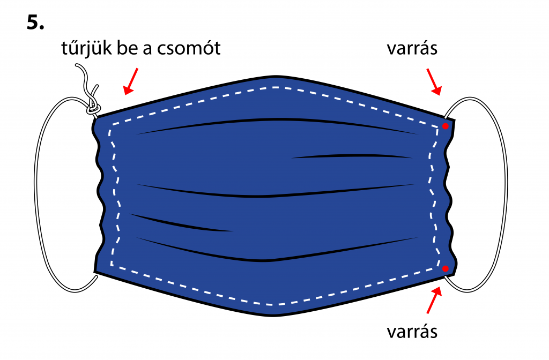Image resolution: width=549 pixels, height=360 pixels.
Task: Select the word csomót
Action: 189,48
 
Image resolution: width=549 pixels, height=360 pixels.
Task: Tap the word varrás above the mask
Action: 412,49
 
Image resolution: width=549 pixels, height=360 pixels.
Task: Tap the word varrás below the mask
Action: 412,332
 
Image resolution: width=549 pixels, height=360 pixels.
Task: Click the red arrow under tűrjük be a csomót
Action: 131,81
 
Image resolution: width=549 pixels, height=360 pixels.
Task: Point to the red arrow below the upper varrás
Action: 434,82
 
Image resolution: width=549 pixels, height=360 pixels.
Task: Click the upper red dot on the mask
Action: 446,126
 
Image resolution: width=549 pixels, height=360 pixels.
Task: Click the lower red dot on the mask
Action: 446,269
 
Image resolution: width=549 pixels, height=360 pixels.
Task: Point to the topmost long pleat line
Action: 277,120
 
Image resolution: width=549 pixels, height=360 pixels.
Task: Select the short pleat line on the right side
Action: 352,155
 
